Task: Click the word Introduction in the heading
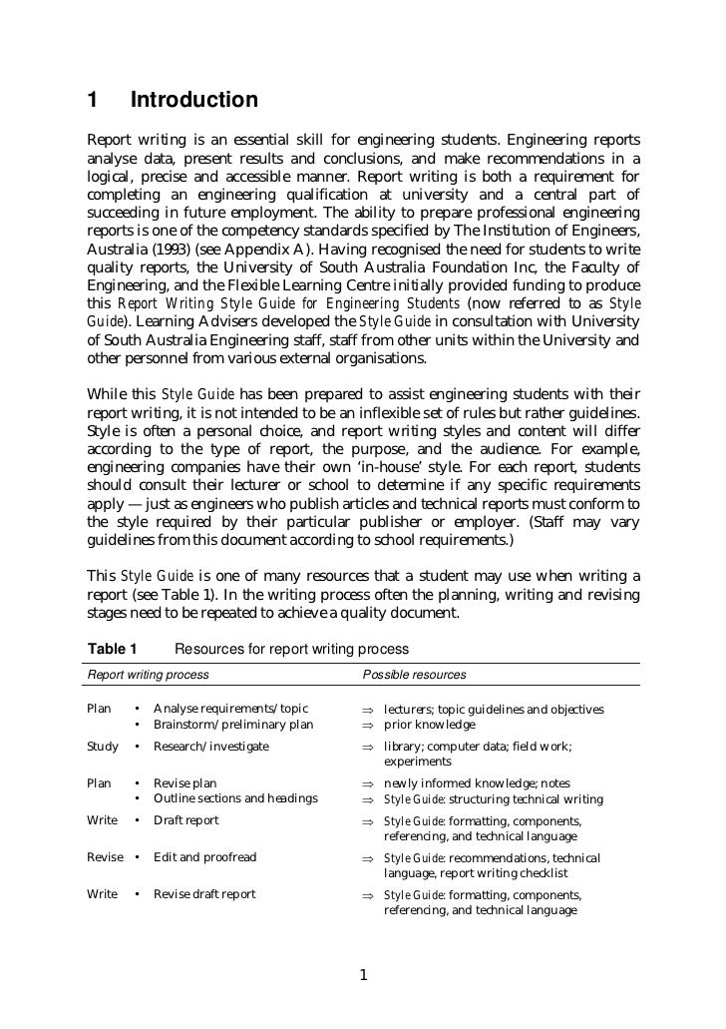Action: tap(194, 101)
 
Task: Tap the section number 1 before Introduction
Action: tap(93, 101)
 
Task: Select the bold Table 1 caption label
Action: tap(113, 650)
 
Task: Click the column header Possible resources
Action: tap(414, 675)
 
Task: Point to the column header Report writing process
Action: tap(149, 675)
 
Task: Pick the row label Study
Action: tap(103, 747)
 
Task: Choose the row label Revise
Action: tap(106, 857)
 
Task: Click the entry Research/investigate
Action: tap(210, 747)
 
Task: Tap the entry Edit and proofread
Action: tap(204, 857)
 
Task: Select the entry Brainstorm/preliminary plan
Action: tap(232, 725)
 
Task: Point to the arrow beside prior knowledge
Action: tap(367, 725)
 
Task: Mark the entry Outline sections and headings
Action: tap(235, 798)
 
